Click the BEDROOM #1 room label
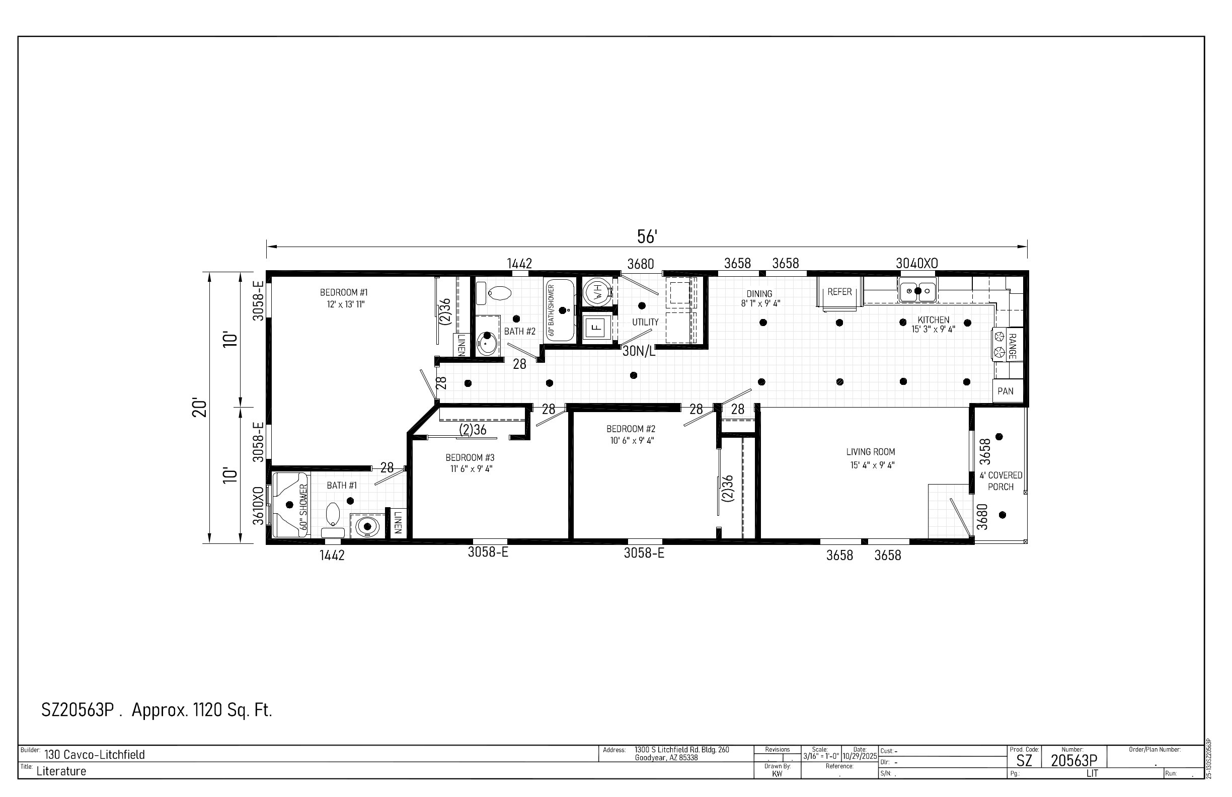(344, 293)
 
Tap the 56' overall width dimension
(647, 237)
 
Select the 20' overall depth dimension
(200, 408)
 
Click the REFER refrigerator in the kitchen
(839, 292)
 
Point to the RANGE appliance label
(1013, 346)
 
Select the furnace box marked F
(597, 327)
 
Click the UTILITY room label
(645, 323)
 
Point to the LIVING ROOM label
(871, 452)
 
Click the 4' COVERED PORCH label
(1000, 481)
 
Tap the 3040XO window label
(917, 264)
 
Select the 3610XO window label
(258, 506)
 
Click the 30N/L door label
(639, 351)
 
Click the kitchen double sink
(918, 290)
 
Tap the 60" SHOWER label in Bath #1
(303, 506)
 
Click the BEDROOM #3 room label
(470, 457)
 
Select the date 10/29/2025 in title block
(860, 756)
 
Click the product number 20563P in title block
(1074, 760)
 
